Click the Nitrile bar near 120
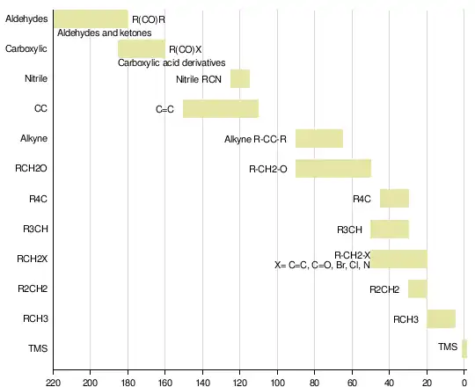(240, 79)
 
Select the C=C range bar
(221, 108)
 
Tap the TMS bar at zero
(464, 349)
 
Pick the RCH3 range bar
(441, 319)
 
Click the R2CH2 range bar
(418, 288)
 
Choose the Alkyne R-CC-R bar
(319, 138)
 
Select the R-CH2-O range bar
(333, 168)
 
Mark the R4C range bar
(394, 199)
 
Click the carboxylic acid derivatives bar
(142, 48)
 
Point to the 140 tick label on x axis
(202, 383)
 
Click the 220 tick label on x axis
(54, 383)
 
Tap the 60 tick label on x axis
(352, 383)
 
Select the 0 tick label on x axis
(464, 383)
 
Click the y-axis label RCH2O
(31, 168)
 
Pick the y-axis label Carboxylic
(26, 48)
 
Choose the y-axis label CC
(40, 108)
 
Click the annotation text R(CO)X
(185, 49)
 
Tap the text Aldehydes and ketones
(105, 33)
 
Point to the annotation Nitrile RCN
(199, 79)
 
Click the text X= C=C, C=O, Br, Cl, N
(322, 265)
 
